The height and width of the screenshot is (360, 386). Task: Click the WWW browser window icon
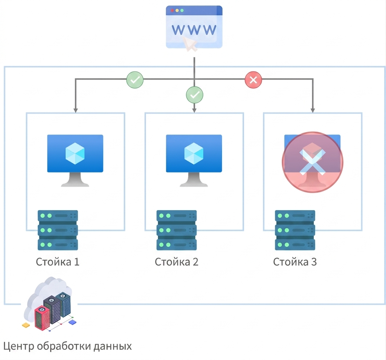pos(194,27)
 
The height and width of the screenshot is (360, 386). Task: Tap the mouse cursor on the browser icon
pos(190,44)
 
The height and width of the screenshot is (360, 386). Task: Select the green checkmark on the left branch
pos(135,80)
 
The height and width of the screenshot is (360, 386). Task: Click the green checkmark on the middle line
pos(195,95)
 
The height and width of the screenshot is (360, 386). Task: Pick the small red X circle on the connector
pos(253,80)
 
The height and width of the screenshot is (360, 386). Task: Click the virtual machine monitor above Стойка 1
pos(75,160)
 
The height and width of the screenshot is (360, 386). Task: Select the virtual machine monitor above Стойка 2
pos(194,160)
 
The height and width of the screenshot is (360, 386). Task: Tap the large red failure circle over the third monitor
pos(313,162)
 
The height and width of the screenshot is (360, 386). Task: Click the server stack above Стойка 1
pos(58,230)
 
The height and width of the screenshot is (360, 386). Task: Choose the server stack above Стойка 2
pos(176,230)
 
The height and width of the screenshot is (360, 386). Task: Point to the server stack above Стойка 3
pos(295,230)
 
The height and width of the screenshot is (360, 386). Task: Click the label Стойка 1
pos(58,262)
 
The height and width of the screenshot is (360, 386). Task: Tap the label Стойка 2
pos(176,262)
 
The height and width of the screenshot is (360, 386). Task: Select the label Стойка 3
pos(295,262)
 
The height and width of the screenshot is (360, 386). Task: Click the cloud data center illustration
pos(49,304)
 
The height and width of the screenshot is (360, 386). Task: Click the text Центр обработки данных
pos(68,346)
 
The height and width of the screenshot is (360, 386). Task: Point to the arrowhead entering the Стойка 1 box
pos(76,110)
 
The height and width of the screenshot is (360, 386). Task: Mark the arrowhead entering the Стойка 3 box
pos(313,110)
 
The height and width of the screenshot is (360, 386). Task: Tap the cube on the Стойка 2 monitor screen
pos(194,153)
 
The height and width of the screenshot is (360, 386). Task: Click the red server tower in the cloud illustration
pos(42,318)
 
